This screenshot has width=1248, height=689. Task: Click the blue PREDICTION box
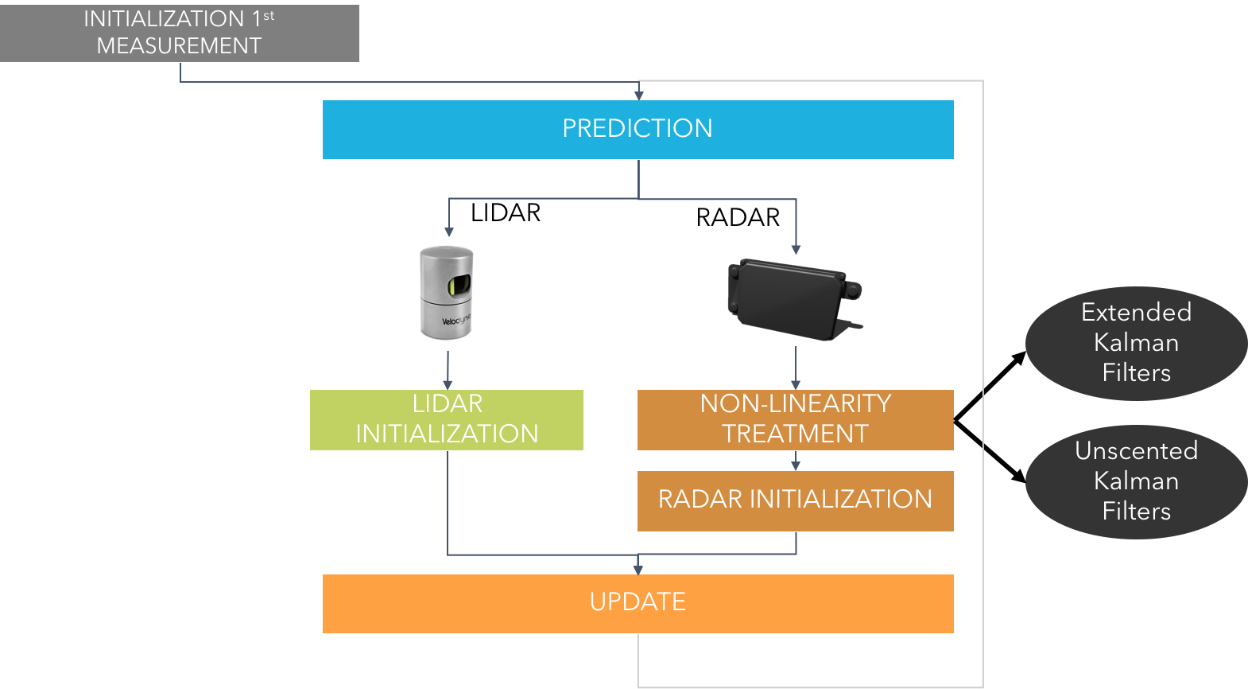pos(638,129)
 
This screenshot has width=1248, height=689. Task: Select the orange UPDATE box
pos(638,603)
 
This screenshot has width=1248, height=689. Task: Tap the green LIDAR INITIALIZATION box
pos(446,419)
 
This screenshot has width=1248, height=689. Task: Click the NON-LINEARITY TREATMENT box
pos(795,419)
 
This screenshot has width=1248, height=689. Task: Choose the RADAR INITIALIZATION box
pos(795,500)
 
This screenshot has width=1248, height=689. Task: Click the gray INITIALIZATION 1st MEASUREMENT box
pos(179,33)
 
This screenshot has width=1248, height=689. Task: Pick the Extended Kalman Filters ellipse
pos(1136,343)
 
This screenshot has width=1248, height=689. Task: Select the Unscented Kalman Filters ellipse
pos(1136,481)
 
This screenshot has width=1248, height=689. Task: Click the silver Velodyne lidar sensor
pos(447,293)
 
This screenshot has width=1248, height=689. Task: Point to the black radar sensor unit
pos(793,298)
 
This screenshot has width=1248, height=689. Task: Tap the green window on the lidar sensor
pos(460,286)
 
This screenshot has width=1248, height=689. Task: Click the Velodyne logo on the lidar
pos(456,321)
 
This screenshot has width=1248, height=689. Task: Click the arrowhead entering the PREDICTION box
pos(638,95)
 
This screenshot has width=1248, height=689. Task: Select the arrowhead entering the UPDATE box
pos(638,569)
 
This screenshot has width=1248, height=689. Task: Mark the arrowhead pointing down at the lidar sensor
pos(449,232)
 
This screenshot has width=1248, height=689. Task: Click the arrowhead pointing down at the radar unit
pos(796,250)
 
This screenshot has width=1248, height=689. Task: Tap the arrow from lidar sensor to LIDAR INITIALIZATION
pos(448,370)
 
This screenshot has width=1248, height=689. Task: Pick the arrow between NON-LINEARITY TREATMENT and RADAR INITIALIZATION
pos(796,461)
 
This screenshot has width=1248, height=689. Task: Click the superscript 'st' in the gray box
pos(269,15)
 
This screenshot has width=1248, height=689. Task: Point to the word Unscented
pos(1136,451)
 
